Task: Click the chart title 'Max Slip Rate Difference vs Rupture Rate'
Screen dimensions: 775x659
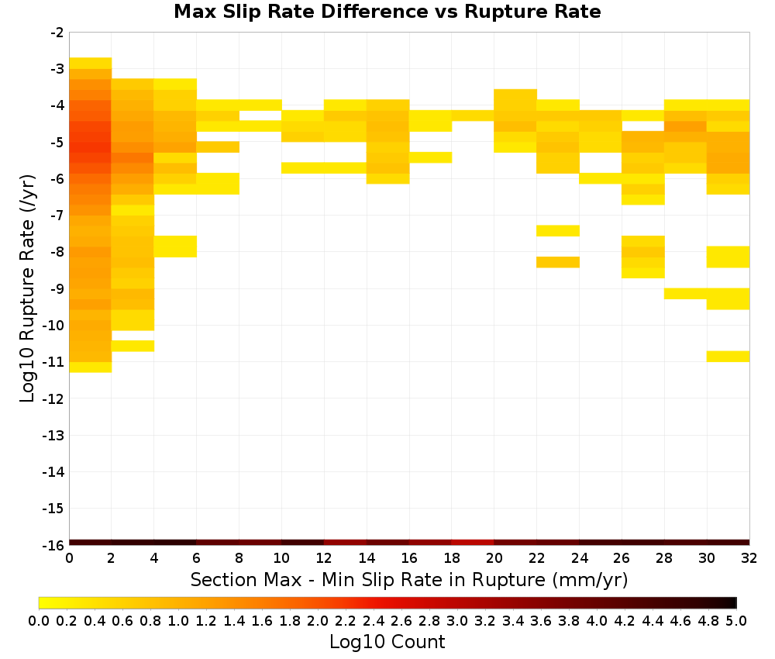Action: (x=387, y=11)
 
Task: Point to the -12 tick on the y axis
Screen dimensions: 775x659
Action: (x=53, y=399)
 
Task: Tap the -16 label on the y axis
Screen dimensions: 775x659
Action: (x=53, y=545)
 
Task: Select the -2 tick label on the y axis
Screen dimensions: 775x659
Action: (x=57, y=33)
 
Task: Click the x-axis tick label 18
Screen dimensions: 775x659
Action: (x=452, y=558)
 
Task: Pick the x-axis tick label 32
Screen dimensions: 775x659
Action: (x=749, y=558)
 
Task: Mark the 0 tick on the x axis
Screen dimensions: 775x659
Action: (x=69, y=558)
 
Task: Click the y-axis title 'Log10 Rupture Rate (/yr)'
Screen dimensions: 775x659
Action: (x=27, y=288)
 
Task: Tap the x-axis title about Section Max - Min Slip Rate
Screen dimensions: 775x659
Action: (x=409, y=580)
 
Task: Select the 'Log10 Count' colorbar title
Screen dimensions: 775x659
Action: (x=387, y=642)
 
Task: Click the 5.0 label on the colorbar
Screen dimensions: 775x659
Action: (x=736, y=620)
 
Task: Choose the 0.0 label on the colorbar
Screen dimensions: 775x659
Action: (x=39, y=620)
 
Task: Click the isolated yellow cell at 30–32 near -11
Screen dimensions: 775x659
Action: (x=728, y=356)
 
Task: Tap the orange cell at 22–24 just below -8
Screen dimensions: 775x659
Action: (x=558, y=262)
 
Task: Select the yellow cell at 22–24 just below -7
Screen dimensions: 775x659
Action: (x=558, y=230)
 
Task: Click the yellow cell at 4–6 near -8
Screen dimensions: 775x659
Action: (x=175, y=247)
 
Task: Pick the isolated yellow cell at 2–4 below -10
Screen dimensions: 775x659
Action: (x=133, y=346)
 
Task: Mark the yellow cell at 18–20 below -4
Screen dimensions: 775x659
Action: (x=473, y=116)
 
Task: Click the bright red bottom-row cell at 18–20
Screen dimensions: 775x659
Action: (x=473, y=543)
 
